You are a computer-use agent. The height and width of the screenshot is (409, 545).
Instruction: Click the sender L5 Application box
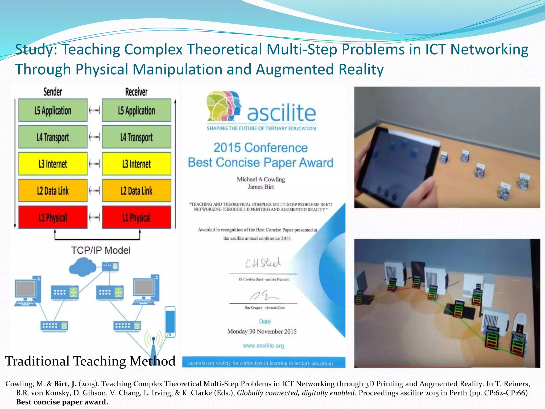pyautogui.click(x=53, y=110)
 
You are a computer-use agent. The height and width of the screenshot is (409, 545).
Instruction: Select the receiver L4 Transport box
pyautogui.click(x=137, y=137)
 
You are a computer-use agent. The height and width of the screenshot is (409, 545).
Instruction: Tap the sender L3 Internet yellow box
pyautogui.click(x=53, y=164)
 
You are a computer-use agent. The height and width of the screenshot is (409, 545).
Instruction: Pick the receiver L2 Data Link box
pyautogui.click(x=137, y=191)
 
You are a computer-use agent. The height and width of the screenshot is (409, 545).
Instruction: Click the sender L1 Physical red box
pyautogui.click(x=53, y=217)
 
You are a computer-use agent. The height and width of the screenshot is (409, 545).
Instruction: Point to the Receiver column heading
pyautogui.click(x=136, y=92)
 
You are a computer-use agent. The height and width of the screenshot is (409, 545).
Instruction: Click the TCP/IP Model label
pyautogui.click(x=101, y=250)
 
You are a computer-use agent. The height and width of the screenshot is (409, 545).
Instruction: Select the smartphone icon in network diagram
pyautogui.click(x=170, y=321)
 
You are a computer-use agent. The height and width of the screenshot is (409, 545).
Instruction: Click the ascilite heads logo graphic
pyautogui.click(x=224, y=106)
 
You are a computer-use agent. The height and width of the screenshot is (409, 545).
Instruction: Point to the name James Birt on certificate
pyautogui.click(x=261, y=187)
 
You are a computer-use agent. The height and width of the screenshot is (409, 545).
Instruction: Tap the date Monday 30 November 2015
pyautogui.click(x=262, y=332)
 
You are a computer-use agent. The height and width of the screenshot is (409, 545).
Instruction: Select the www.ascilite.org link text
pyautogui.click(x=263, y=346)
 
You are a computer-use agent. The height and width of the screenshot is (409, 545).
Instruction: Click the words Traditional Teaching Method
pyautogui.click(x=90, y=361)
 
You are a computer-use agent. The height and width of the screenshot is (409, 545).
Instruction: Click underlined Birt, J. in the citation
pyautogui.click(x=65, y=384)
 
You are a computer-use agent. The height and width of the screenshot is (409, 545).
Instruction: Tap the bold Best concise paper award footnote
pyautogui.click(x=62, y=402)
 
